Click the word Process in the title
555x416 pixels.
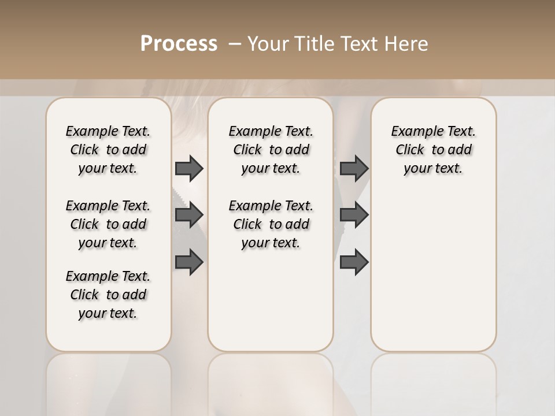point(179,43)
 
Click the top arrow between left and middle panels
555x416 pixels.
point(189,168)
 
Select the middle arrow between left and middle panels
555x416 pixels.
point(189,215)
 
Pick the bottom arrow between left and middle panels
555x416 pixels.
point(189,262)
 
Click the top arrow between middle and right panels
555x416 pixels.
point(354,168)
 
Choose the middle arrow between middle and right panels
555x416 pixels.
point(354,215)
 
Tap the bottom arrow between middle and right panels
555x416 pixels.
point(354,262)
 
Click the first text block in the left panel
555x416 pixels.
point(108,150)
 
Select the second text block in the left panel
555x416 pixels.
point(108,224)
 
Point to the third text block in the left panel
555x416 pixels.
point(108,295)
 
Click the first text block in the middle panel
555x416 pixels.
point(271,150)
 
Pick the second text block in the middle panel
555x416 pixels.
point(271,224)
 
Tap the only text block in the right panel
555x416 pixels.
point(433,150)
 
